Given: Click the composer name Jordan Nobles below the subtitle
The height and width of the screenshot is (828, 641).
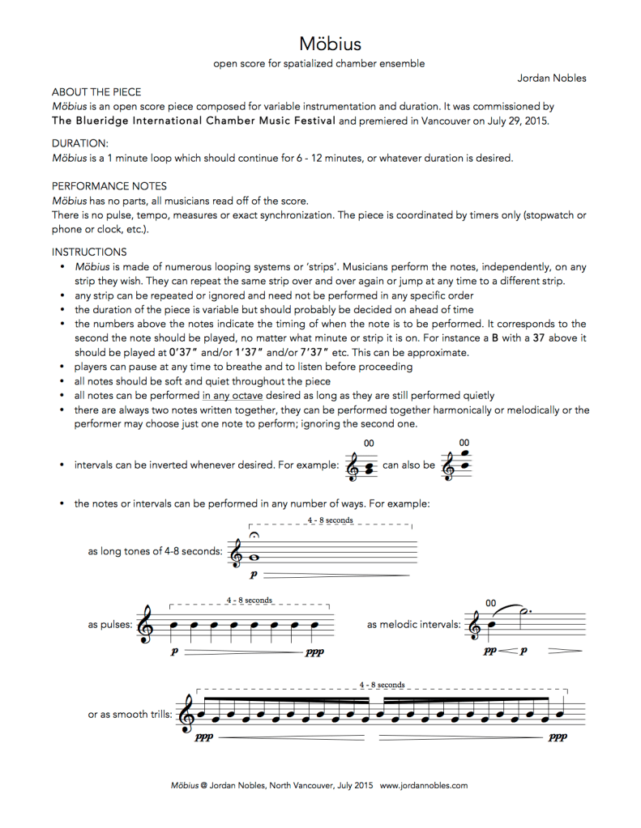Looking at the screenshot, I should point(552,78).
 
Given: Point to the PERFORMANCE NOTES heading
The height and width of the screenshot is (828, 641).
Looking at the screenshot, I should point(97,185).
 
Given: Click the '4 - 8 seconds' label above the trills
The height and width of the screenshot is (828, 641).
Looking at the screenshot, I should point(382,685).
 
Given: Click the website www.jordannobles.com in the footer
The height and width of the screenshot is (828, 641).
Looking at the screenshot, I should point(423,785).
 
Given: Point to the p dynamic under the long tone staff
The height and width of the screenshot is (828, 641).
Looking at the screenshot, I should point(254,574).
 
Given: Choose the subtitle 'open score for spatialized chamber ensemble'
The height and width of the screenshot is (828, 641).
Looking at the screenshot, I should point(319,63).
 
